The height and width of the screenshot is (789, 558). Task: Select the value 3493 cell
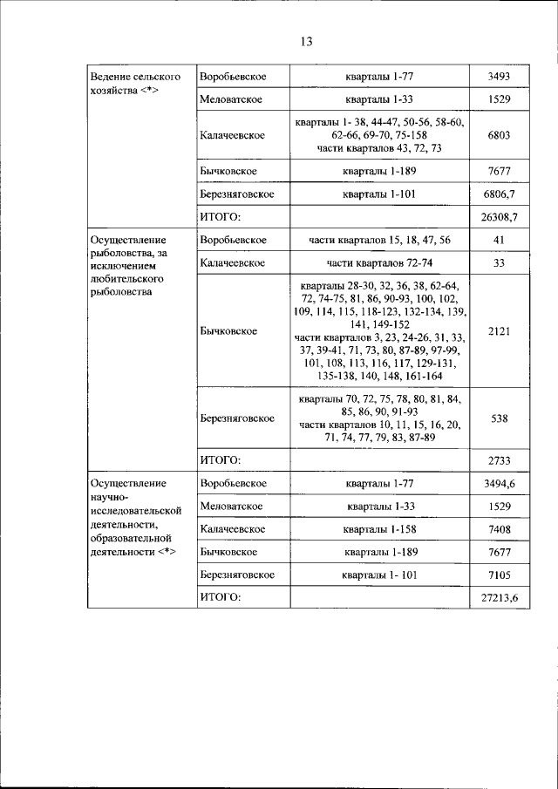(499, 78)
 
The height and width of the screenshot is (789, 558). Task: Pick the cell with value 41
(499, 239)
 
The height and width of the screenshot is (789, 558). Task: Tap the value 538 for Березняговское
(499, 418)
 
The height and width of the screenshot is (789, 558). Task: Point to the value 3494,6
(499, 482)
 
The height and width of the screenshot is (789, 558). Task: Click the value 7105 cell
(499, 575)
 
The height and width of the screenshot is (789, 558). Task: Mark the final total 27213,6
(499, 598)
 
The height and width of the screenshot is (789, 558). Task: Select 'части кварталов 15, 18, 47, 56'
(378, 239)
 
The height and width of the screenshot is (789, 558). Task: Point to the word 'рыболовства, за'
(129, 253)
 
